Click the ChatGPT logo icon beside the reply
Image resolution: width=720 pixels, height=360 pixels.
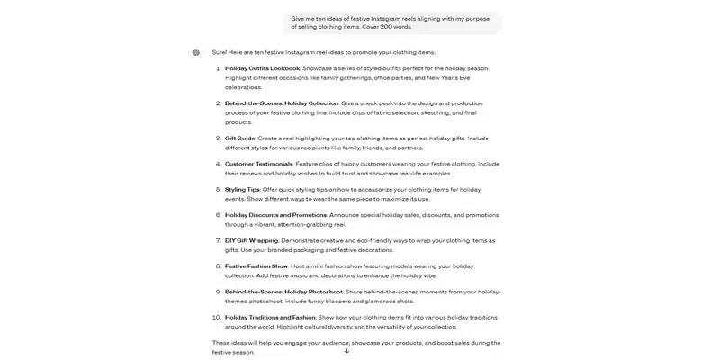point(196,52)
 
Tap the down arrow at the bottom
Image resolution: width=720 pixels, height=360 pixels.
point(346,351)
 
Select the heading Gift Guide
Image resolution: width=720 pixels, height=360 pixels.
point(238,139)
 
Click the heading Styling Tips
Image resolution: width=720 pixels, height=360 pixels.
point(242,190)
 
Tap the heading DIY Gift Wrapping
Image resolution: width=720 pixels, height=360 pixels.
point(252,241)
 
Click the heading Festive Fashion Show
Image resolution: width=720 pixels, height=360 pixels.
point(256,266)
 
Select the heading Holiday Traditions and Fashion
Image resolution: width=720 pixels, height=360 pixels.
point(270,317)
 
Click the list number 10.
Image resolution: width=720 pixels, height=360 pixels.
point(216,317)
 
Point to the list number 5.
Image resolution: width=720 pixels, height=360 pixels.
point(217,190)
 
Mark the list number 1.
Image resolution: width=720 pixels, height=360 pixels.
point(217,68)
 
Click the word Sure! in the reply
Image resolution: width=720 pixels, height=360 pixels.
point(219,52)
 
